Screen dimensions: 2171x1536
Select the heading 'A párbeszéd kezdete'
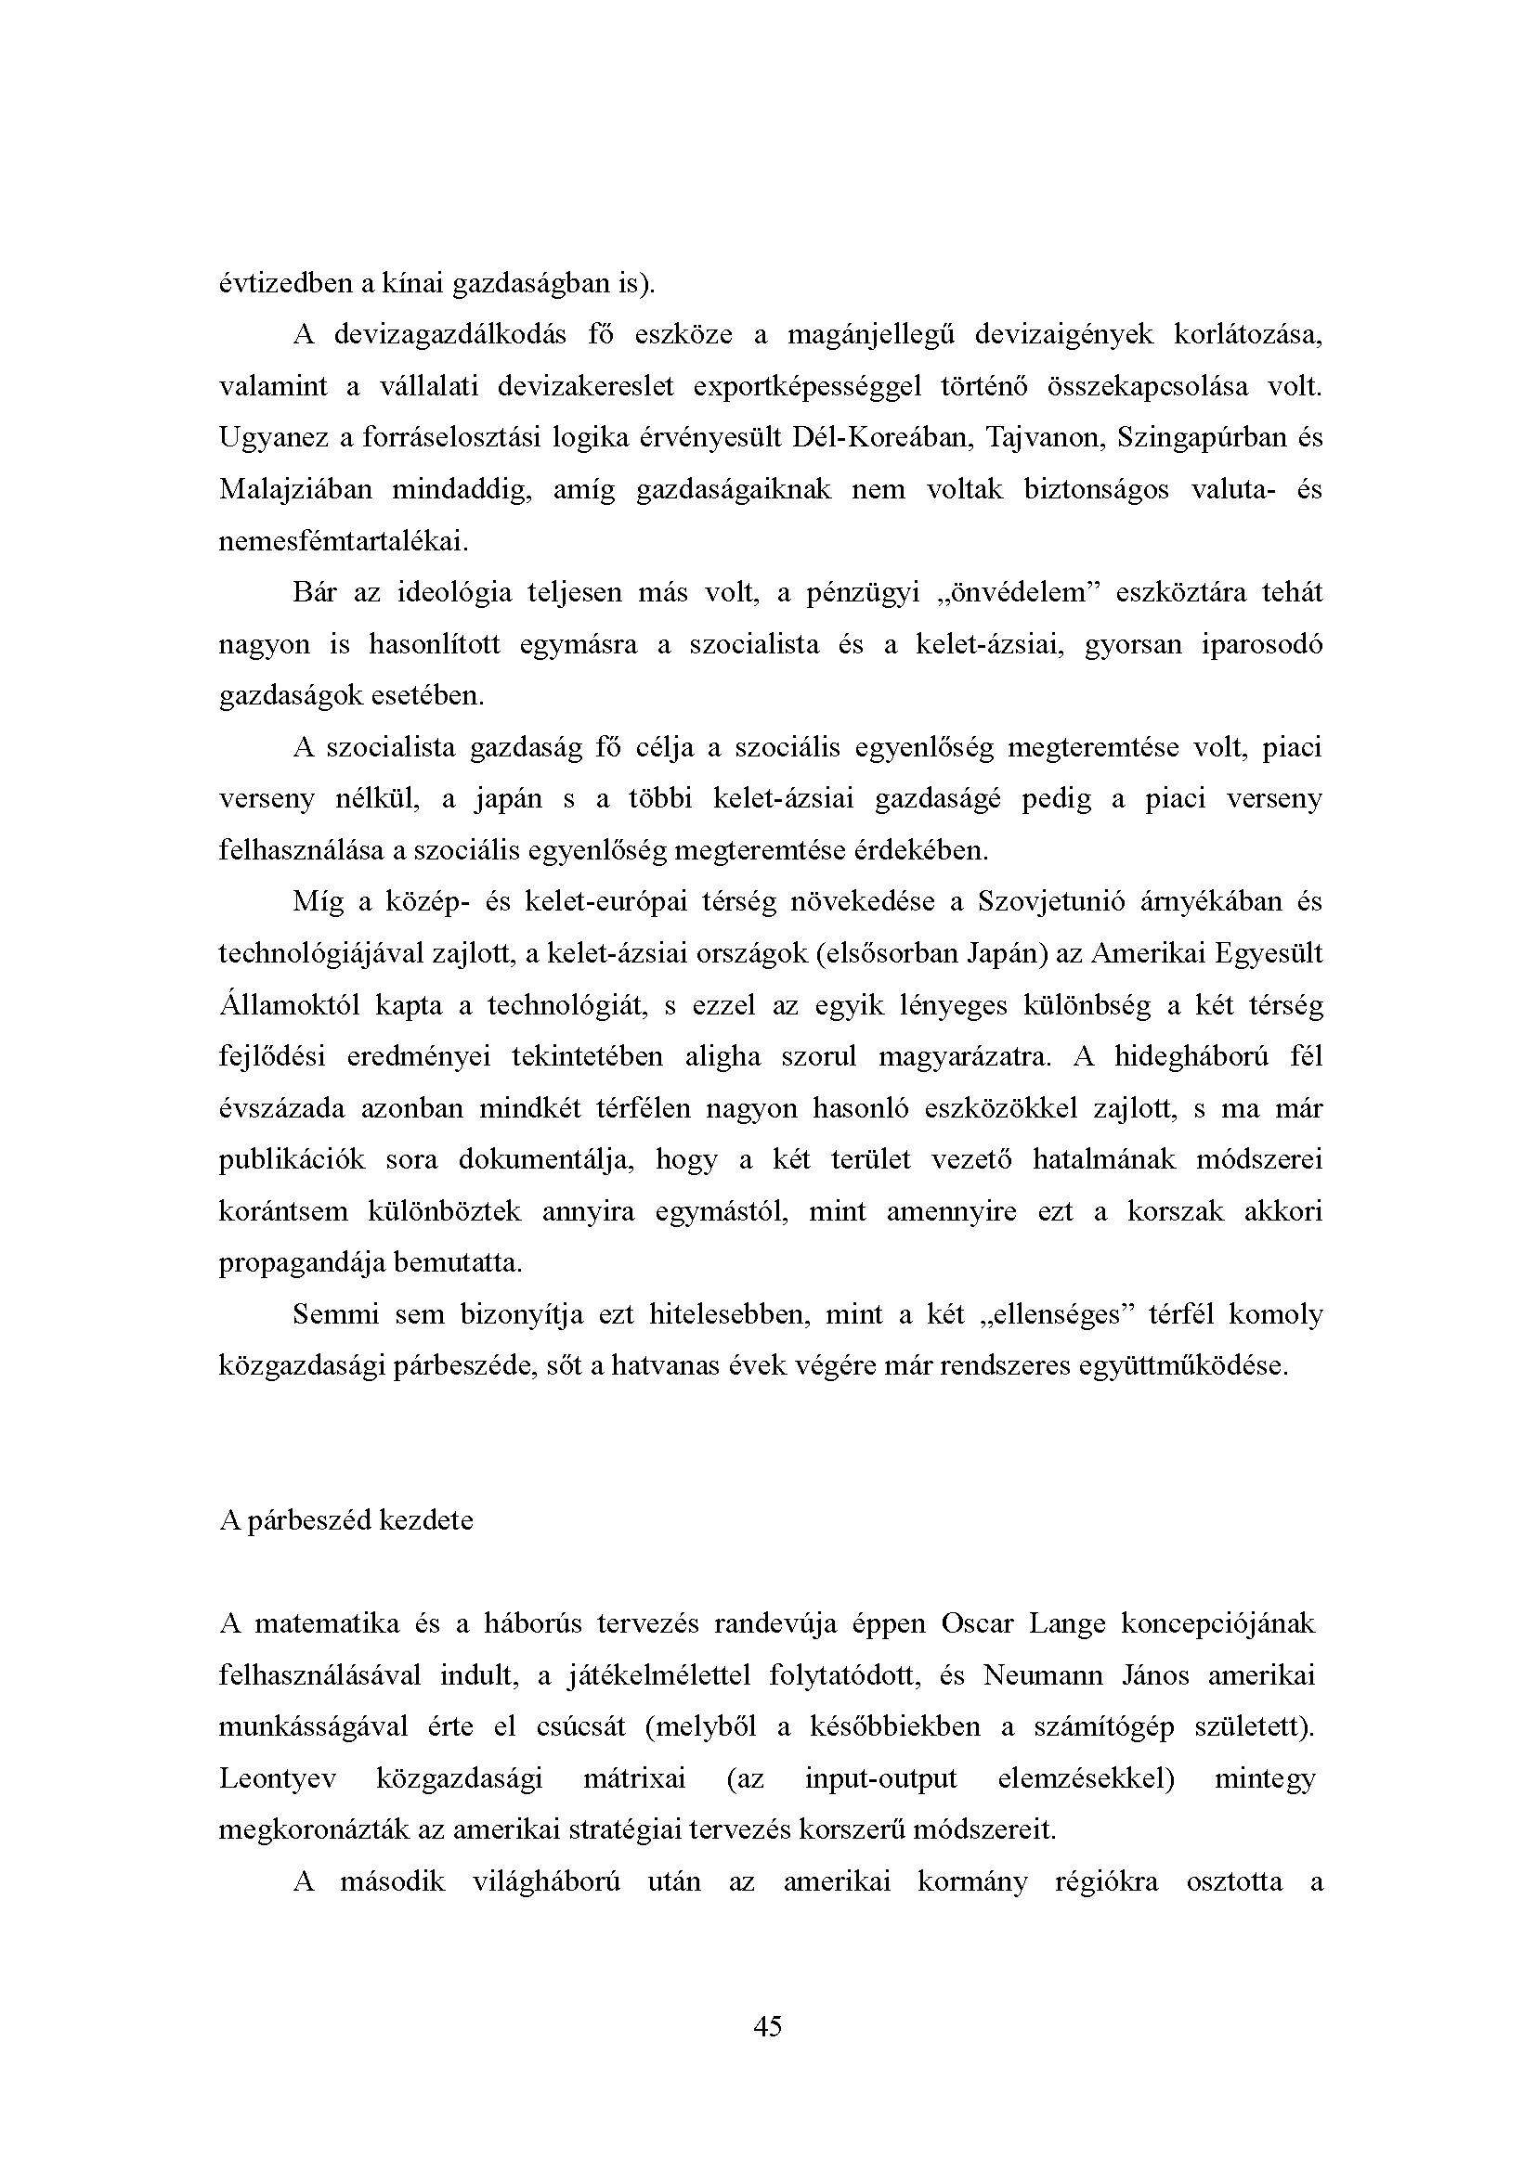click(x=346, y=1520)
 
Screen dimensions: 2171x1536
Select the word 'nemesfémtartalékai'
click(x=342, y=542)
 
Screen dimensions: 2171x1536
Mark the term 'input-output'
click(x=880, y=1778)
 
